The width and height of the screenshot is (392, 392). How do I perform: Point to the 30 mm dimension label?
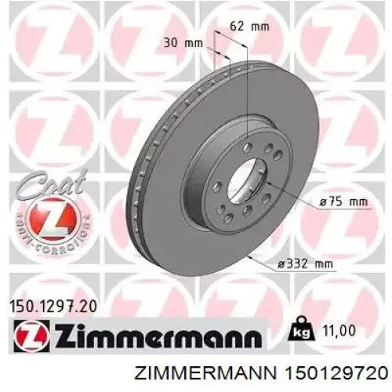(x=180, y=45)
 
